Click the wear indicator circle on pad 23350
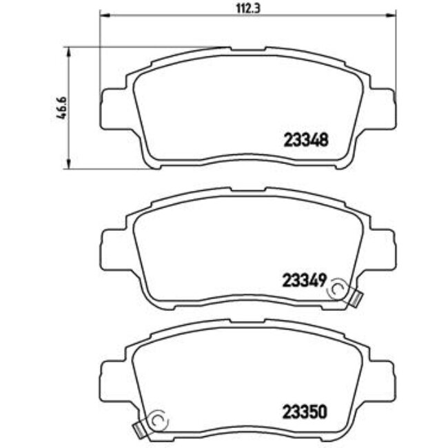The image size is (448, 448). coord(158,421)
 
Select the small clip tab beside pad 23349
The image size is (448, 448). coord(355,298)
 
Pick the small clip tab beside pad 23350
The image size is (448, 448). coord(140,430)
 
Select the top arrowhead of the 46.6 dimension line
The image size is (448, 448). coord(68,50)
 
